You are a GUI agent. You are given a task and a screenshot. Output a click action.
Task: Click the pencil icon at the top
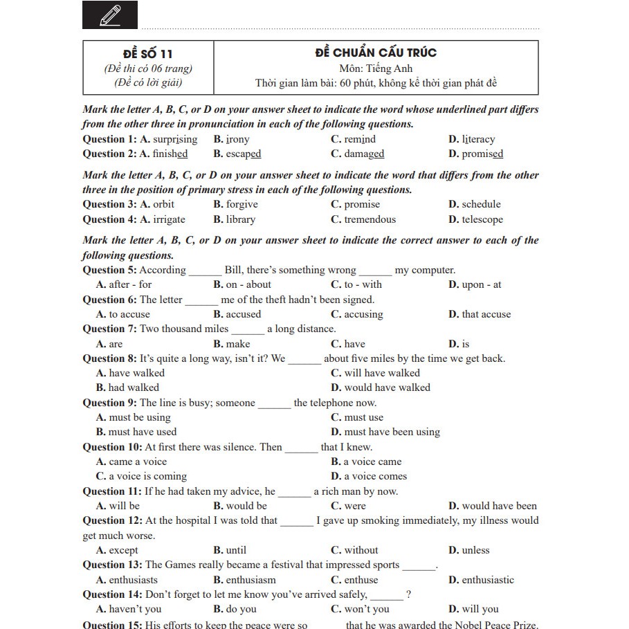pos(110,15)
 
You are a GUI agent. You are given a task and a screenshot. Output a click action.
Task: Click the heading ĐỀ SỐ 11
pos(147,53)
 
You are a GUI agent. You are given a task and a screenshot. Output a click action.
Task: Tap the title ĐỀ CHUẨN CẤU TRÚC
pos(376,53)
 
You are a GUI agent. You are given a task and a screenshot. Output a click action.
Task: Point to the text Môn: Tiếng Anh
pos(376,69)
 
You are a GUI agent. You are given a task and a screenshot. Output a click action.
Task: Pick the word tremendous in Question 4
pos(370,219)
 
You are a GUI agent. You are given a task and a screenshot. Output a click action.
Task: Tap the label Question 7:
pos(110,329)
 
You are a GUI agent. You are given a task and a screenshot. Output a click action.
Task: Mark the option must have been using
pos(392,432)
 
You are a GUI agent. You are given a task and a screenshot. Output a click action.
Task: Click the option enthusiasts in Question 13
pos(133,580)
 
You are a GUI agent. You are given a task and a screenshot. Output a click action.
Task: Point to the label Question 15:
pos(112,625)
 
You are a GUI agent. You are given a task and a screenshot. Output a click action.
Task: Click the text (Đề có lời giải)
pos(148,84)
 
